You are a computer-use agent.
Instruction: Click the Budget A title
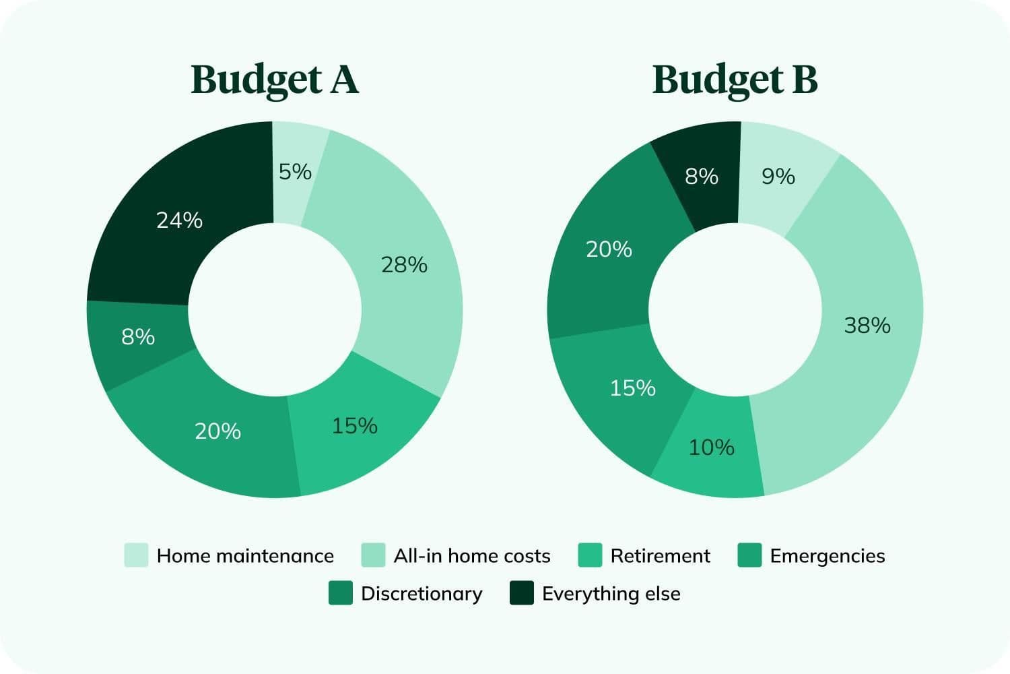pyautogui.click(x=275, y=80)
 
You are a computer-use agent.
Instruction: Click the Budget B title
pyautogui.click(x=735, y=80)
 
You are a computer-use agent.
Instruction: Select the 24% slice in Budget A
pyautogui.click(x=179, y=220)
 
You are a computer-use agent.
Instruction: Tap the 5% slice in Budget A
pyautogui.click(x=295, y=173)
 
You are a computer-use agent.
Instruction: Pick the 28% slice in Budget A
pyautogui.click(x=404, y=265)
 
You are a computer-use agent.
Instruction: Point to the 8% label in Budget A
pyautogui.click(x=138, y=336)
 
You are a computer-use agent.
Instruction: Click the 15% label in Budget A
pyautogui.click(x=354, y=425)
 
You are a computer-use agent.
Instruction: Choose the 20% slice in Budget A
pyautogui.click(x=217, y=431)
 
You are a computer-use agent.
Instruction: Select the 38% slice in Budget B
pyautogui.click(x=867, y=326)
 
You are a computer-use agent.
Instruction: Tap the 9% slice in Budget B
pyautogui.click(x=778, y=177)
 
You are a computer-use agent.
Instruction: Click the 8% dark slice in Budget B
pyautogui.click(x=702, y=177)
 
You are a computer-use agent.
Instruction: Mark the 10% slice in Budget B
pyautogui.click(x=711, y=447)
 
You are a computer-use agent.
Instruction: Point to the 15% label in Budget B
pyautogui.click(x=632, y=388)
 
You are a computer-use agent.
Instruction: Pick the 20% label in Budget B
pyautogui.click(x=609, y=249)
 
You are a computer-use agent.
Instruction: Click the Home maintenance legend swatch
pyautogui.click(x=136, y=555)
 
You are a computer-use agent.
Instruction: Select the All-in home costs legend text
pyautogui.click(x=472, y=555)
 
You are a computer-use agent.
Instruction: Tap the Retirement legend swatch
pyautogui.click(x=590, y=555)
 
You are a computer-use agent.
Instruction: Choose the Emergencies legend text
pyautogui.click(x=828, y=555)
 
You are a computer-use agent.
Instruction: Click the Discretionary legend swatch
pyautogui.click(x=341, y=593)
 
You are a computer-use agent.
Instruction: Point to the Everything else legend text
pyautogui.click(x=611, y=593)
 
